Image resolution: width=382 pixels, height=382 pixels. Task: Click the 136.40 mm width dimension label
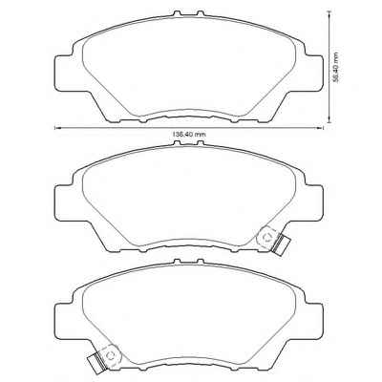(x=189, y=135)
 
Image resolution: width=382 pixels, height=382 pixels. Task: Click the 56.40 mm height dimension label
(x=335, y=67)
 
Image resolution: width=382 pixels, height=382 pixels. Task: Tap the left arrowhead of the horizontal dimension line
(x=57, y=128)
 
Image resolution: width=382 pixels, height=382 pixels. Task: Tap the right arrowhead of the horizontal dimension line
(x=321, y=128)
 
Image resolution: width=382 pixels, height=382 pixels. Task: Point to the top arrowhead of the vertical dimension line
(x=329, y=13)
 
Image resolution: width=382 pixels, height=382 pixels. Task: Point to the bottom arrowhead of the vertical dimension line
(x=329, y=120)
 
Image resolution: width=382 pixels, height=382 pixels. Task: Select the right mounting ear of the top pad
(x=313, y=73)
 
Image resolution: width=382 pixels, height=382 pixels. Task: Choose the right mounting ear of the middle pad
(x=313, y=202)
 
